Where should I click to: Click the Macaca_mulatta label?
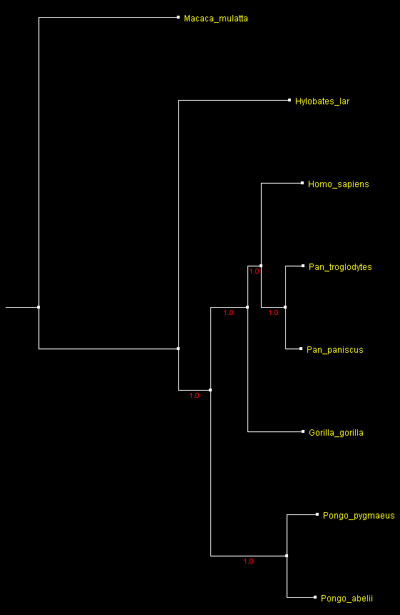215,19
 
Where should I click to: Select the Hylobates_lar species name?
322,101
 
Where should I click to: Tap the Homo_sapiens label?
339,184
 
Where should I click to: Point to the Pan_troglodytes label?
340,267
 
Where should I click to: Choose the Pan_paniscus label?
335,350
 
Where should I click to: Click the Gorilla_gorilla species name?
337,433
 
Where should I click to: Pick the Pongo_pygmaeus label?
359,516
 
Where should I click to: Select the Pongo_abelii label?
347,598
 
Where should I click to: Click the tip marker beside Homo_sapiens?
302,183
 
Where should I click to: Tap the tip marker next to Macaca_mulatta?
178,17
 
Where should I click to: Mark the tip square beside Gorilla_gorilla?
303,431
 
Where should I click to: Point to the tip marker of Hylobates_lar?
289,100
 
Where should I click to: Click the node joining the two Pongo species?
287,556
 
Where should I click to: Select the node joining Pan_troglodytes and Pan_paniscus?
285,307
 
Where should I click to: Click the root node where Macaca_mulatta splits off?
39,307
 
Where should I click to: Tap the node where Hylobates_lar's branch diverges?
178,349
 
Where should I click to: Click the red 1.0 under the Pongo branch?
249,561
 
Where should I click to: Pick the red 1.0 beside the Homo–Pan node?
255,271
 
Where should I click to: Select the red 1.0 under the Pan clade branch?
273,313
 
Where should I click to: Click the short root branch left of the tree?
22,307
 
